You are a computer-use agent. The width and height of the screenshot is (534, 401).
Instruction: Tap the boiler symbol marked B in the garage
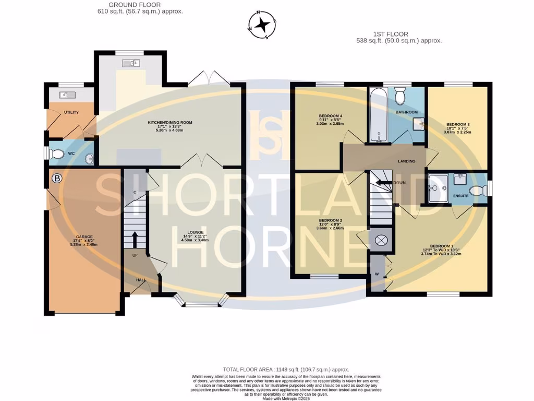(x=57, y=179)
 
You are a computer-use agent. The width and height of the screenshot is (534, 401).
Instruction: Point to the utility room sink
(x=67, y=95)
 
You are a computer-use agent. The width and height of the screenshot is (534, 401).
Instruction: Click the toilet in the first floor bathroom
(x=400, y=97)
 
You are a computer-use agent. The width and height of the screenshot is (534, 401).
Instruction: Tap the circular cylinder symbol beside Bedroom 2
(x=381, y=240)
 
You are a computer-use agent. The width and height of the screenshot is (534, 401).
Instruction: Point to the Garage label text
(x=84, y=236)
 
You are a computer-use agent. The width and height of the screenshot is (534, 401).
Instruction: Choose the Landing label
(x=406, y=161)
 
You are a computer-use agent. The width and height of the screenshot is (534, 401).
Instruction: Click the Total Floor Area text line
(x=286, y=369)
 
